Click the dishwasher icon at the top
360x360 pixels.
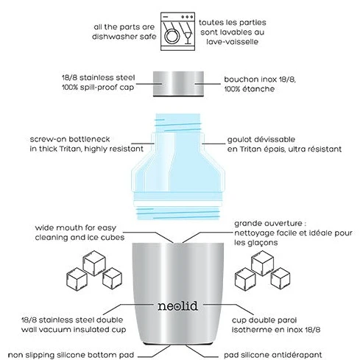click(177, 32)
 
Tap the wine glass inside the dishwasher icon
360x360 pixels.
click(188, 38)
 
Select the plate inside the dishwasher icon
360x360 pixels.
click(171, 36)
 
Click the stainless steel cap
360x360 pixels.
click(178, 84)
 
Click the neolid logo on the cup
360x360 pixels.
click(177, 306)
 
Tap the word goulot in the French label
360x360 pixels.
click(237, 140)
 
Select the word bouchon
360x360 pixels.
click(238, 80)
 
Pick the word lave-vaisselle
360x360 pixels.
click(232, 42)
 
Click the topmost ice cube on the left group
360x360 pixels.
click(94, 263)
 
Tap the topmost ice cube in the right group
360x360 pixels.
click(262, 263)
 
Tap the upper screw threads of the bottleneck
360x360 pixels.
click(178, 123)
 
